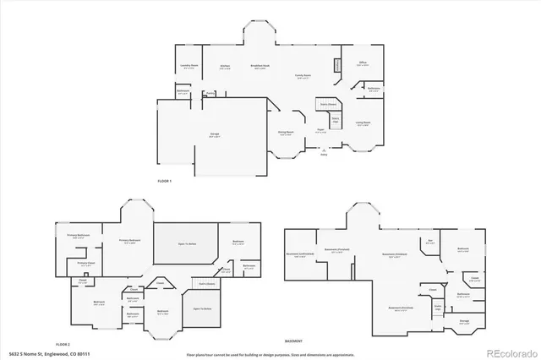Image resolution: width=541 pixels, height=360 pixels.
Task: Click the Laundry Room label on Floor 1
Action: pyautogui.click(x=189, y=65)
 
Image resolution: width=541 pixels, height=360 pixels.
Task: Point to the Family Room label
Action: pyautogui.click(x=302, y=76)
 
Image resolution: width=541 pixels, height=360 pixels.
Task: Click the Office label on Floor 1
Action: pyautogui.click(x=362, y=63)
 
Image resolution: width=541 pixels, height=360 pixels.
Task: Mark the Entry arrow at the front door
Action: pyautogui.click(x=324, y=151)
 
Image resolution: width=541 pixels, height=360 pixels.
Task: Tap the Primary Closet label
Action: pyautogui.click(x=86, y=262)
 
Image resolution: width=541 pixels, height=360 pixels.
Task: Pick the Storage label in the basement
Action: pyautogui.click(x=464, y=320)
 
